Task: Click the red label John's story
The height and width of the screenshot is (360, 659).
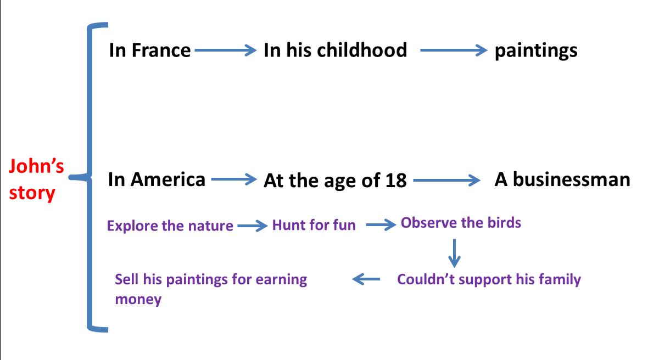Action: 36,179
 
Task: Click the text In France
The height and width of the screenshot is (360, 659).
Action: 150,50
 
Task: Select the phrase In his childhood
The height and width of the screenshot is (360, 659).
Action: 336,50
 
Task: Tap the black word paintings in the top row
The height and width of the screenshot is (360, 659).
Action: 536,52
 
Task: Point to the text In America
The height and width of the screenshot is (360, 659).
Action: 157,179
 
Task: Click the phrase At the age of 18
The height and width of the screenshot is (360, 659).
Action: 335,180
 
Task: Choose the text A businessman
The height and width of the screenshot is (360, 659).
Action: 562,179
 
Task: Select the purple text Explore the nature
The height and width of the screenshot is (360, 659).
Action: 170,226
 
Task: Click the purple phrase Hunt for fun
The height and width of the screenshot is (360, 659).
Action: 314,225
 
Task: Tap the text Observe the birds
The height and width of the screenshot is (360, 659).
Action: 461,222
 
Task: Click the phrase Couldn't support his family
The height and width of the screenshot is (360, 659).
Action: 489,279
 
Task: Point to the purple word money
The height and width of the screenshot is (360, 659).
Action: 138,300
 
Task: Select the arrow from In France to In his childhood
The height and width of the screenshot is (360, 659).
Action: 225,50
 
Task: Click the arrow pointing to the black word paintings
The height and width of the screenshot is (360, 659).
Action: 454,50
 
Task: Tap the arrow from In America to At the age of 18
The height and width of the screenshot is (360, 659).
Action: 234,179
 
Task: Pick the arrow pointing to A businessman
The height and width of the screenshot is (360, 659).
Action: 446,180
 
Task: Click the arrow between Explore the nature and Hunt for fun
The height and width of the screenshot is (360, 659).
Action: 253,226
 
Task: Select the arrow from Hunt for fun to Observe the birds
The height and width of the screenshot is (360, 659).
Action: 381,225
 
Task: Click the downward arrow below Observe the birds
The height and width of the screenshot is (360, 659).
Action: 455,254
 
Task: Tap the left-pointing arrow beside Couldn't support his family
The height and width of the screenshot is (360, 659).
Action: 366,279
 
